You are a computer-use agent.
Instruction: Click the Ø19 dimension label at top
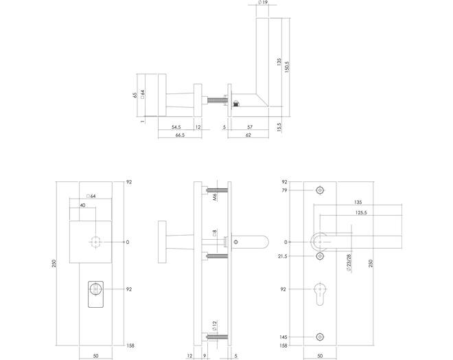click(262, 3)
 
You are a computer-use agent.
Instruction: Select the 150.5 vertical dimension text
click(287, 67)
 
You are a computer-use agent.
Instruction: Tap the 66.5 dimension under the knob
click(180, 135)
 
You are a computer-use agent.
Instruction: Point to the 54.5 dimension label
click(176, 127)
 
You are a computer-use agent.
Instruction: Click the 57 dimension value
click(250, 127)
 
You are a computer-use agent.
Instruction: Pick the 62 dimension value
click(248, 135)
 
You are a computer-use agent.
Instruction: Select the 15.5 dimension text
click(279, 127)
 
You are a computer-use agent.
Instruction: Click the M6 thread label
click(215, 197)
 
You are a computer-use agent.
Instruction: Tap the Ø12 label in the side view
click(215, 326)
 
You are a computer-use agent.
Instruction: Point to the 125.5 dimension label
click(361, 213)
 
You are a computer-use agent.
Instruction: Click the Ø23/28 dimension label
click(349, 263)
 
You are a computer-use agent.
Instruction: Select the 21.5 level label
click(283, 256)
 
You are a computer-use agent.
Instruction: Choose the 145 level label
click(283, 337)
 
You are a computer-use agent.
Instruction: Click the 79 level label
click(285, 190)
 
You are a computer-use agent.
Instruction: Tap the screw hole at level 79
click(320, 190)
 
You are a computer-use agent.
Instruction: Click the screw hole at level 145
click(320, 337)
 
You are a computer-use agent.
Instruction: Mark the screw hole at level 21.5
click(320, 256)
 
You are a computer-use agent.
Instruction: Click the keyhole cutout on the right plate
click(320, 294)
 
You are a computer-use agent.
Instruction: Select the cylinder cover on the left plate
click(95, 294)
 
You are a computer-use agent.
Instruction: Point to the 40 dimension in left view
click(82, 205)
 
